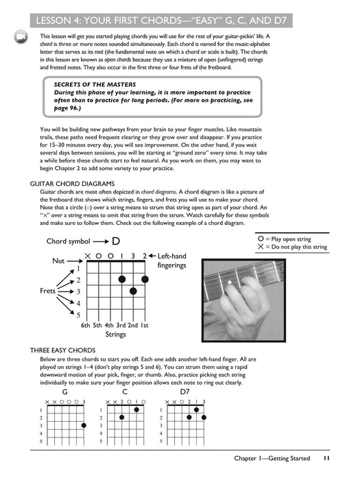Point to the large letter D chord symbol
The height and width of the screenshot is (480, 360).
(116, 241)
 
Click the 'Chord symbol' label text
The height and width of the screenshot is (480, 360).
(69, 241)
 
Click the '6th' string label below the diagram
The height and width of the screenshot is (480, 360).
(86, 325)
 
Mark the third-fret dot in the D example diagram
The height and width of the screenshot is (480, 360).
(133, 291)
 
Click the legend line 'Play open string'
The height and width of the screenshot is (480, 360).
(287, 239)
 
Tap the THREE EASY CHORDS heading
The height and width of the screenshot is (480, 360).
(63, 350)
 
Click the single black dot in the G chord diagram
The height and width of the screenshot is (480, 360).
(84, 425)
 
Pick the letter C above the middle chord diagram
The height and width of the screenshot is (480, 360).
(125, 392)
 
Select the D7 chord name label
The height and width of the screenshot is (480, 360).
(184, 392)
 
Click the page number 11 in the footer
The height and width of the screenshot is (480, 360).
(327, 458)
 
